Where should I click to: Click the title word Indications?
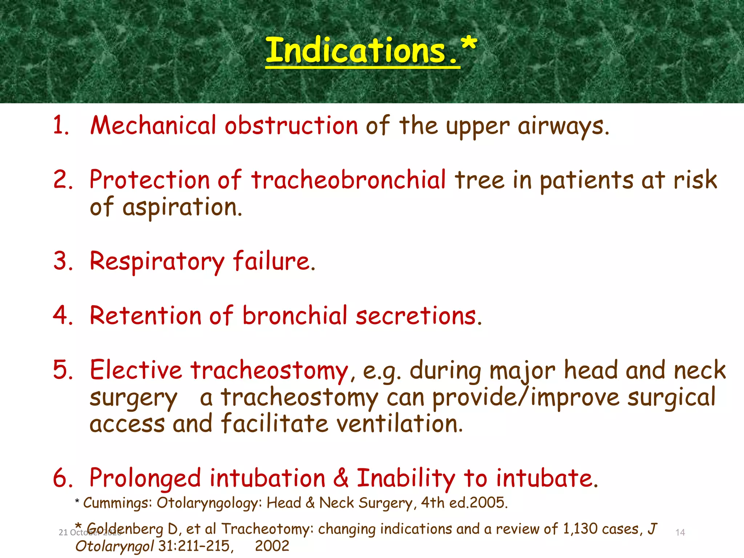tap(356, 51)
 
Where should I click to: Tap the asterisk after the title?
tap(469, 45)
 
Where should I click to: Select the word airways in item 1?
tap(563, 126)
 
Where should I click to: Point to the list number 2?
tap(63, 179)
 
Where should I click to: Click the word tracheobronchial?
tap(348, 180)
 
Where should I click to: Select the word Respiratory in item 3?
tap(157, 262)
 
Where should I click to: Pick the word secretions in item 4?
tap(418, 316)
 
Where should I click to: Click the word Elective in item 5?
tap(136, 370)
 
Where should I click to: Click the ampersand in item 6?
tap(341, 478)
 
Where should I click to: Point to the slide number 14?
tap(680, 533)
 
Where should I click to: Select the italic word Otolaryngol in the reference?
tap(114, 546)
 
